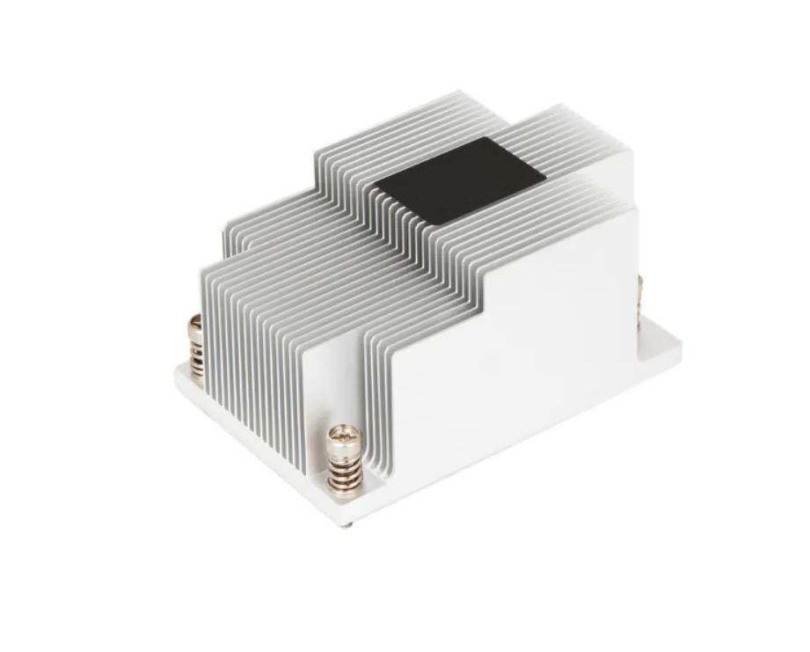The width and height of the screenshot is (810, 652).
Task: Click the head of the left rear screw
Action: [195, 323]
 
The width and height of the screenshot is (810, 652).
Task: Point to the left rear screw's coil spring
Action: [196, 356]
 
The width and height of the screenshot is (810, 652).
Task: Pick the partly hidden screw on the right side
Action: [640, 295]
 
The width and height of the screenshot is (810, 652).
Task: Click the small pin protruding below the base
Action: [349, 527]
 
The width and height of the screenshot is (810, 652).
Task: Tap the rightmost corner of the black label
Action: [545, 173]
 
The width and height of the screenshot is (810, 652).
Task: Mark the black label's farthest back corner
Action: [494, 138]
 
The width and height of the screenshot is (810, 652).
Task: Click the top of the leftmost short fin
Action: [208, 263]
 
